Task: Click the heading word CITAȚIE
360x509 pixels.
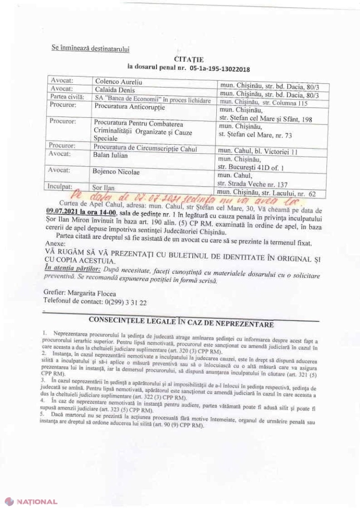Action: click(x=188, y=59)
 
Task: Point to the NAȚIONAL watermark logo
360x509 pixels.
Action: click(x=31, y=502)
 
